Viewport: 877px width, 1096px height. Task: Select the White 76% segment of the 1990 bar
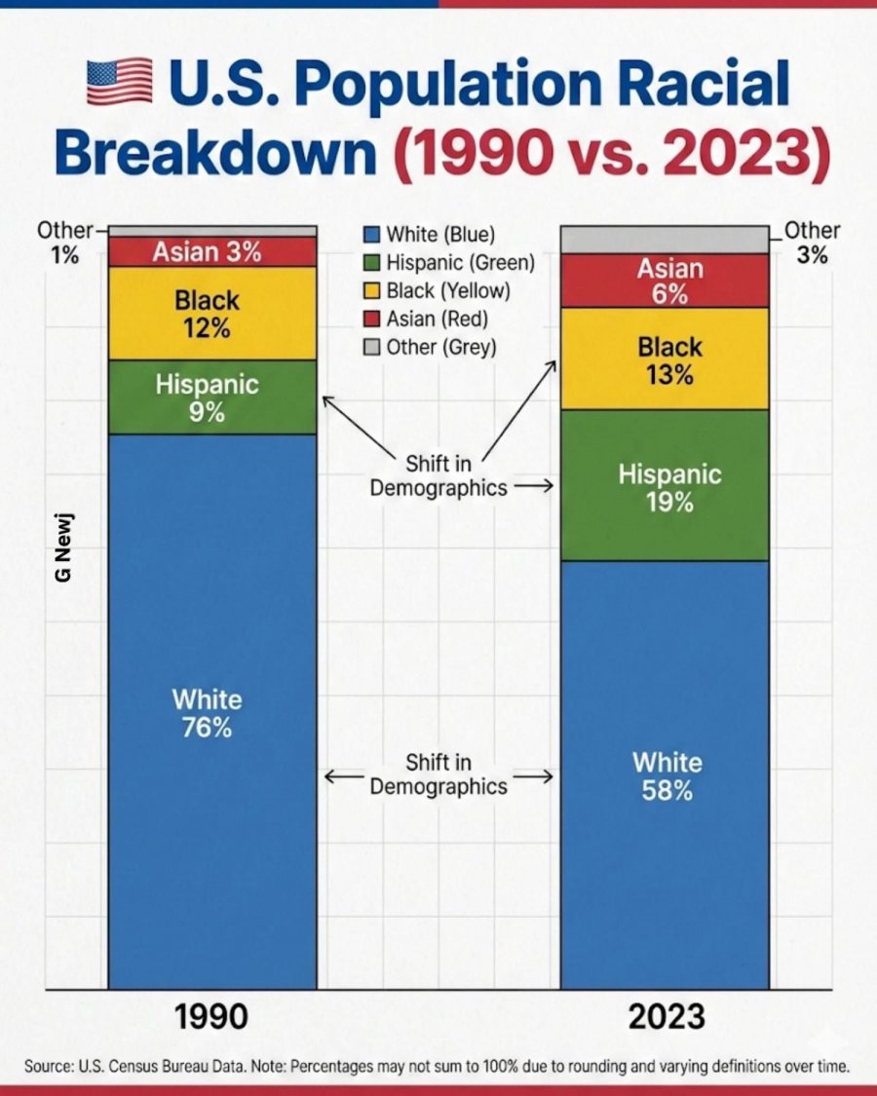click(211, 711)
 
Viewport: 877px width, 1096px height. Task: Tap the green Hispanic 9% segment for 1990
click(211, 397)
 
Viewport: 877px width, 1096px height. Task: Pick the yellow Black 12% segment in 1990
click(211, 313)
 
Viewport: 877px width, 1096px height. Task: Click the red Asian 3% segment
click(211, 251)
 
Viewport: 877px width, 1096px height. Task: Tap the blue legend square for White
click(370, 235)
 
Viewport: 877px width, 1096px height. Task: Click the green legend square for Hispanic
click(370, 263)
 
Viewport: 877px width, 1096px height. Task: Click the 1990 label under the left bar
click(211, 1017)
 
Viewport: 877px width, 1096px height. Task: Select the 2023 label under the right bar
click(666, 1017)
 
